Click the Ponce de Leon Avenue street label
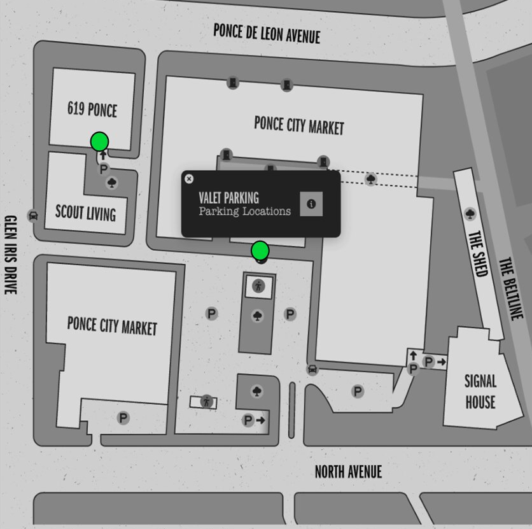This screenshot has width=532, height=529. coord(267,33)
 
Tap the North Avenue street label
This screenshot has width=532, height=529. coord(348,472)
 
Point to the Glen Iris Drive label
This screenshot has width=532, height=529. coord(11,255)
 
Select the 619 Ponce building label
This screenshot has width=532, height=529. coord(92,109)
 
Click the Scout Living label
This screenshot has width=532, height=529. coord(85,213)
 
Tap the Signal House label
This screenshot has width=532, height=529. coord(480,391)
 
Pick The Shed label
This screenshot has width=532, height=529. coord(479,253)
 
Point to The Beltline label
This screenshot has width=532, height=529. coord(510,288)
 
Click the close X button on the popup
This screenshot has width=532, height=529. coord(189,178)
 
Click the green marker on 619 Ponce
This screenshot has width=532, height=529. coord(100,141)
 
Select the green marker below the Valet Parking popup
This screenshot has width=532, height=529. coord(260,251)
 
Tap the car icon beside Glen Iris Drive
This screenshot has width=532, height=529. coord(33,215)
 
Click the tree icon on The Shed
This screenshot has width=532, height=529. coord(470,214)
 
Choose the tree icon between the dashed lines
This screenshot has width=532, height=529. coord(371,178)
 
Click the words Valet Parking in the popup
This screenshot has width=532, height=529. coord(228,197)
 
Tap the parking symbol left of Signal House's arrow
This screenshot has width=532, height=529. coord(428,362)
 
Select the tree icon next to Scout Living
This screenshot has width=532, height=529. coord(111,183)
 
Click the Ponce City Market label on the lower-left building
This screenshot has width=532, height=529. coord(112,326)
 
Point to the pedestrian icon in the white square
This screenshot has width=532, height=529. coord(258,286)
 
